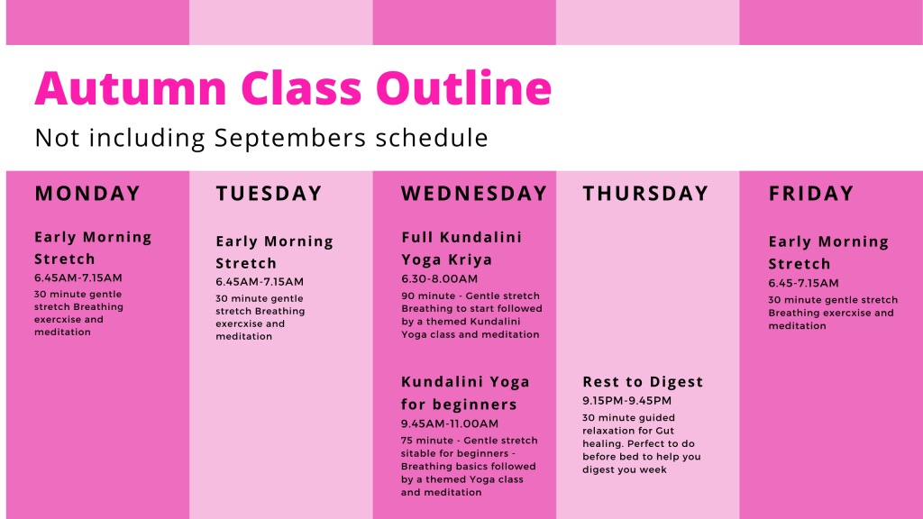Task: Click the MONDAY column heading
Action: point(87,194)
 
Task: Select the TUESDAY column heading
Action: point(269,194)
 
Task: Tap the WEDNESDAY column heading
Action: point(474,194)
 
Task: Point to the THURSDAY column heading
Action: point(645,194)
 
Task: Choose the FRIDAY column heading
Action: point(811,194)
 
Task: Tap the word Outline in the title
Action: point(464,88)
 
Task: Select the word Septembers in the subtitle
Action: point(290,139)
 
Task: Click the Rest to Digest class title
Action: point(643,382)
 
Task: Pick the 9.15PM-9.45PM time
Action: point(627,401)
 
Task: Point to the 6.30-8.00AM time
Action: point(440,279)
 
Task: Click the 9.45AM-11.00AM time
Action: point(450,423)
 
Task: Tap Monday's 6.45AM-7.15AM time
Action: point(78,278)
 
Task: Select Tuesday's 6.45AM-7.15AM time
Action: point(260,282)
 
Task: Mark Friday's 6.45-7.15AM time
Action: point(803,283)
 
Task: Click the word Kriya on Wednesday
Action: point(470,260)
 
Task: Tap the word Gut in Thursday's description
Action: point(665,431)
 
